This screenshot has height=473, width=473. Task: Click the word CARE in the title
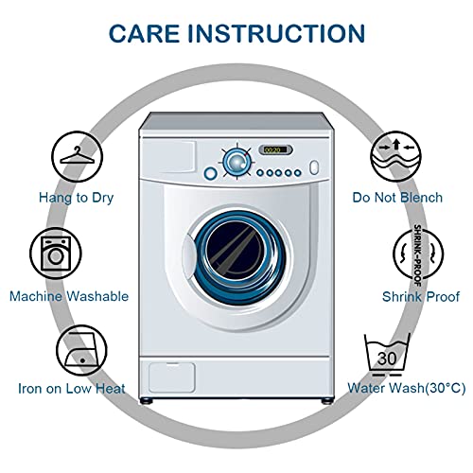(144, 33)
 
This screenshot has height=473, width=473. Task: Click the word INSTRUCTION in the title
(276, 33)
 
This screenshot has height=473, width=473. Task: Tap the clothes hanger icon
(78, 156)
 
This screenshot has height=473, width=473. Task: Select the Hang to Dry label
(76, 198)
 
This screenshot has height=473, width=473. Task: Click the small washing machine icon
(56, 254)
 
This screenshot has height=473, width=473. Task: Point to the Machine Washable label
(69, 296)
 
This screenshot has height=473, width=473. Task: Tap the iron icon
(81, 350)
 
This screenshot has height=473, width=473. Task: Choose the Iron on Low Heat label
(72, 388)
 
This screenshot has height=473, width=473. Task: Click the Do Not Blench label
(397, 198)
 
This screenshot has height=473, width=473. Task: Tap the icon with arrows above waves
(395, 156)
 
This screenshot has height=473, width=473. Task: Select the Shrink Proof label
(421, 296)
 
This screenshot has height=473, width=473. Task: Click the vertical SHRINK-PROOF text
(417, 255)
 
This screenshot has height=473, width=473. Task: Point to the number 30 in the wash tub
(387, 359)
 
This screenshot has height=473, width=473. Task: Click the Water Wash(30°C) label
(407, 388)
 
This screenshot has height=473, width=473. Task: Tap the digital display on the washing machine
(275, 149)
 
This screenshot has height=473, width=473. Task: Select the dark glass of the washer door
(235, 251)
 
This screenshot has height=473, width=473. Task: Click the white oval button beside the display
(314, 167)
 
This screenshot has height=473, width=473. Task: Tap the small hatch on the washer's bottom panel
(172, 377)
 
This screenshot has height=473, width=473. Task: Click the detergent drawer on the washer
(168, 157)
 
